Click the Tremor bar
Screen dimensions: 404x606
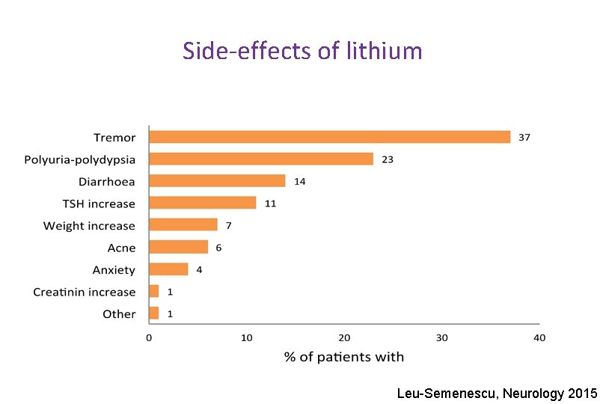[329, 137]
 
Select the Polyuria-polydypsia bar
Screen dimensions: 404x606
[261, 159]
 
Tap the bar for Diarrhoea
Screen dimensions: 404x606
[217, 181]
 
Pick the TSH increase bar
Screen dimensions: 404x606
[203, 203]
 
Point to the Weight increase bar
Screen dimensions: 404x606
[183, 225]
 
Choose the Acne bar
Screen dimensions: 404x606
[178, 247]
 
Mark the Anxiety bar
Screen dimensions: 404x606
[168, 269]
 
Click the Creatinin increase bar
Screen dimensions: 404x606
[154, 291]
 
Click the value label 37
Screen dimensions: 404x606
[524, 137]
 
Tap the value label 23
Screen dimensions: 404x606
[388, 159]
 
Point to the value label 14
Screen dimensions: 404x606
[299, 181]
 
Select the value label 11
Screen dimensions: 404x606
[270, 203]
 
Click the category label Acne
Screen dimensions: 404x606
[122, 248]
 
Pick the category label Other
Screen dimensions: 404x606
[119, 314]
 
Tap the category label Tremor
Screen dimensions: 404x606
[114, 138]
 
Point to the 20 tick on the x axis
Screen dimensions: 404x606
[344, 337]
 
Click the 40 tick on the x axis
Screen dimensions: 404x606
[539, 337]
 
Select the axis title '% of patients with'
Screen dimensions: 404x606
[344, 357]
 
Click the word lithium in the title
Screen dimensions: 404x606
[385, 52]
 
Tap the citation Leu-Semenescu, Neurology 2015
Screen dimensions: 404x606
[497, 393]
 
